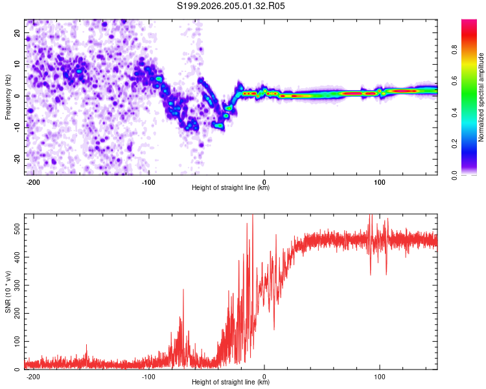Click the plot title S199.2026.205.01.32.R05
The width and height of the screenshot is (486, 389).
(231, 6)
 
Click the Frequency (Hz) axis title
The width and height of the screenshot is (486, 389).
(8, 97)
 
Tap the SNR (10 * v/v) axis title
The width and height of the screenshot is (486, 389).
(8, 292)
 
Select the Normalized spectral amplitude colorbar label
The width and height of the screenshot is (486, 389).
(481, 97)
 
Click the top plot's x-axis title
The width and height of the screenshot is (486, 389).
(231, 187)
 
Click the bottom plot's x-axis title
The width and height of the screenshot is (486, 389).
(231, 382)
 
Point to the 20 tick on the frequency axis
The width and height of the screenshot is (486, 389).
(17, 33)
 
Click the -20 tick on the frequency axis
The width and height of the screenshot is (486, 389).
(17, 159)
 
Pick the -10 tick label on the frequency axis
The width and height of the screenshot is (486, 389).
(17, 128)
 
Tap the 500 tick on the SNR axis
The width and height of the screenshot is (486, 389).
(17, 230)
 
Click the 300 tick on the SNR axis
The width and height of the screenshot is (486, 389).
(17, 285)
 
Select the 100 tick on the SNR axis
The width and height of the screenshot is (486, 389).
(17, 342)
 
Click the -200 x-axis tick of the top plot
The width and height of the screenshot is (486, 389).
(32, 182)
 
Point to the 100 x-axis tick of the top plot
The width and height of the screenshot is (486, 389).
(380, 182)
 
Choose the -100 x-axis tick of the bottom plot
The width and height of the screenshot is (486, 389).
(148, 377)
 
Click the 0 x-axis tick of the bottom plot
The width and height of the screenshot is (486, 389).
(264, 377)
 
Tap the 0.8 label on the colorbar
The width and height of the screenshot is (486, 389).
(454, 50)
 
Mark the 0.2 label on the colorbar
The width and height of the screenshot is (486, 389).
(454, 144)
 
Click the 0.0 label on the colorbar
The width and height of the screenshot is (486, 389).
(454, 175)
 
